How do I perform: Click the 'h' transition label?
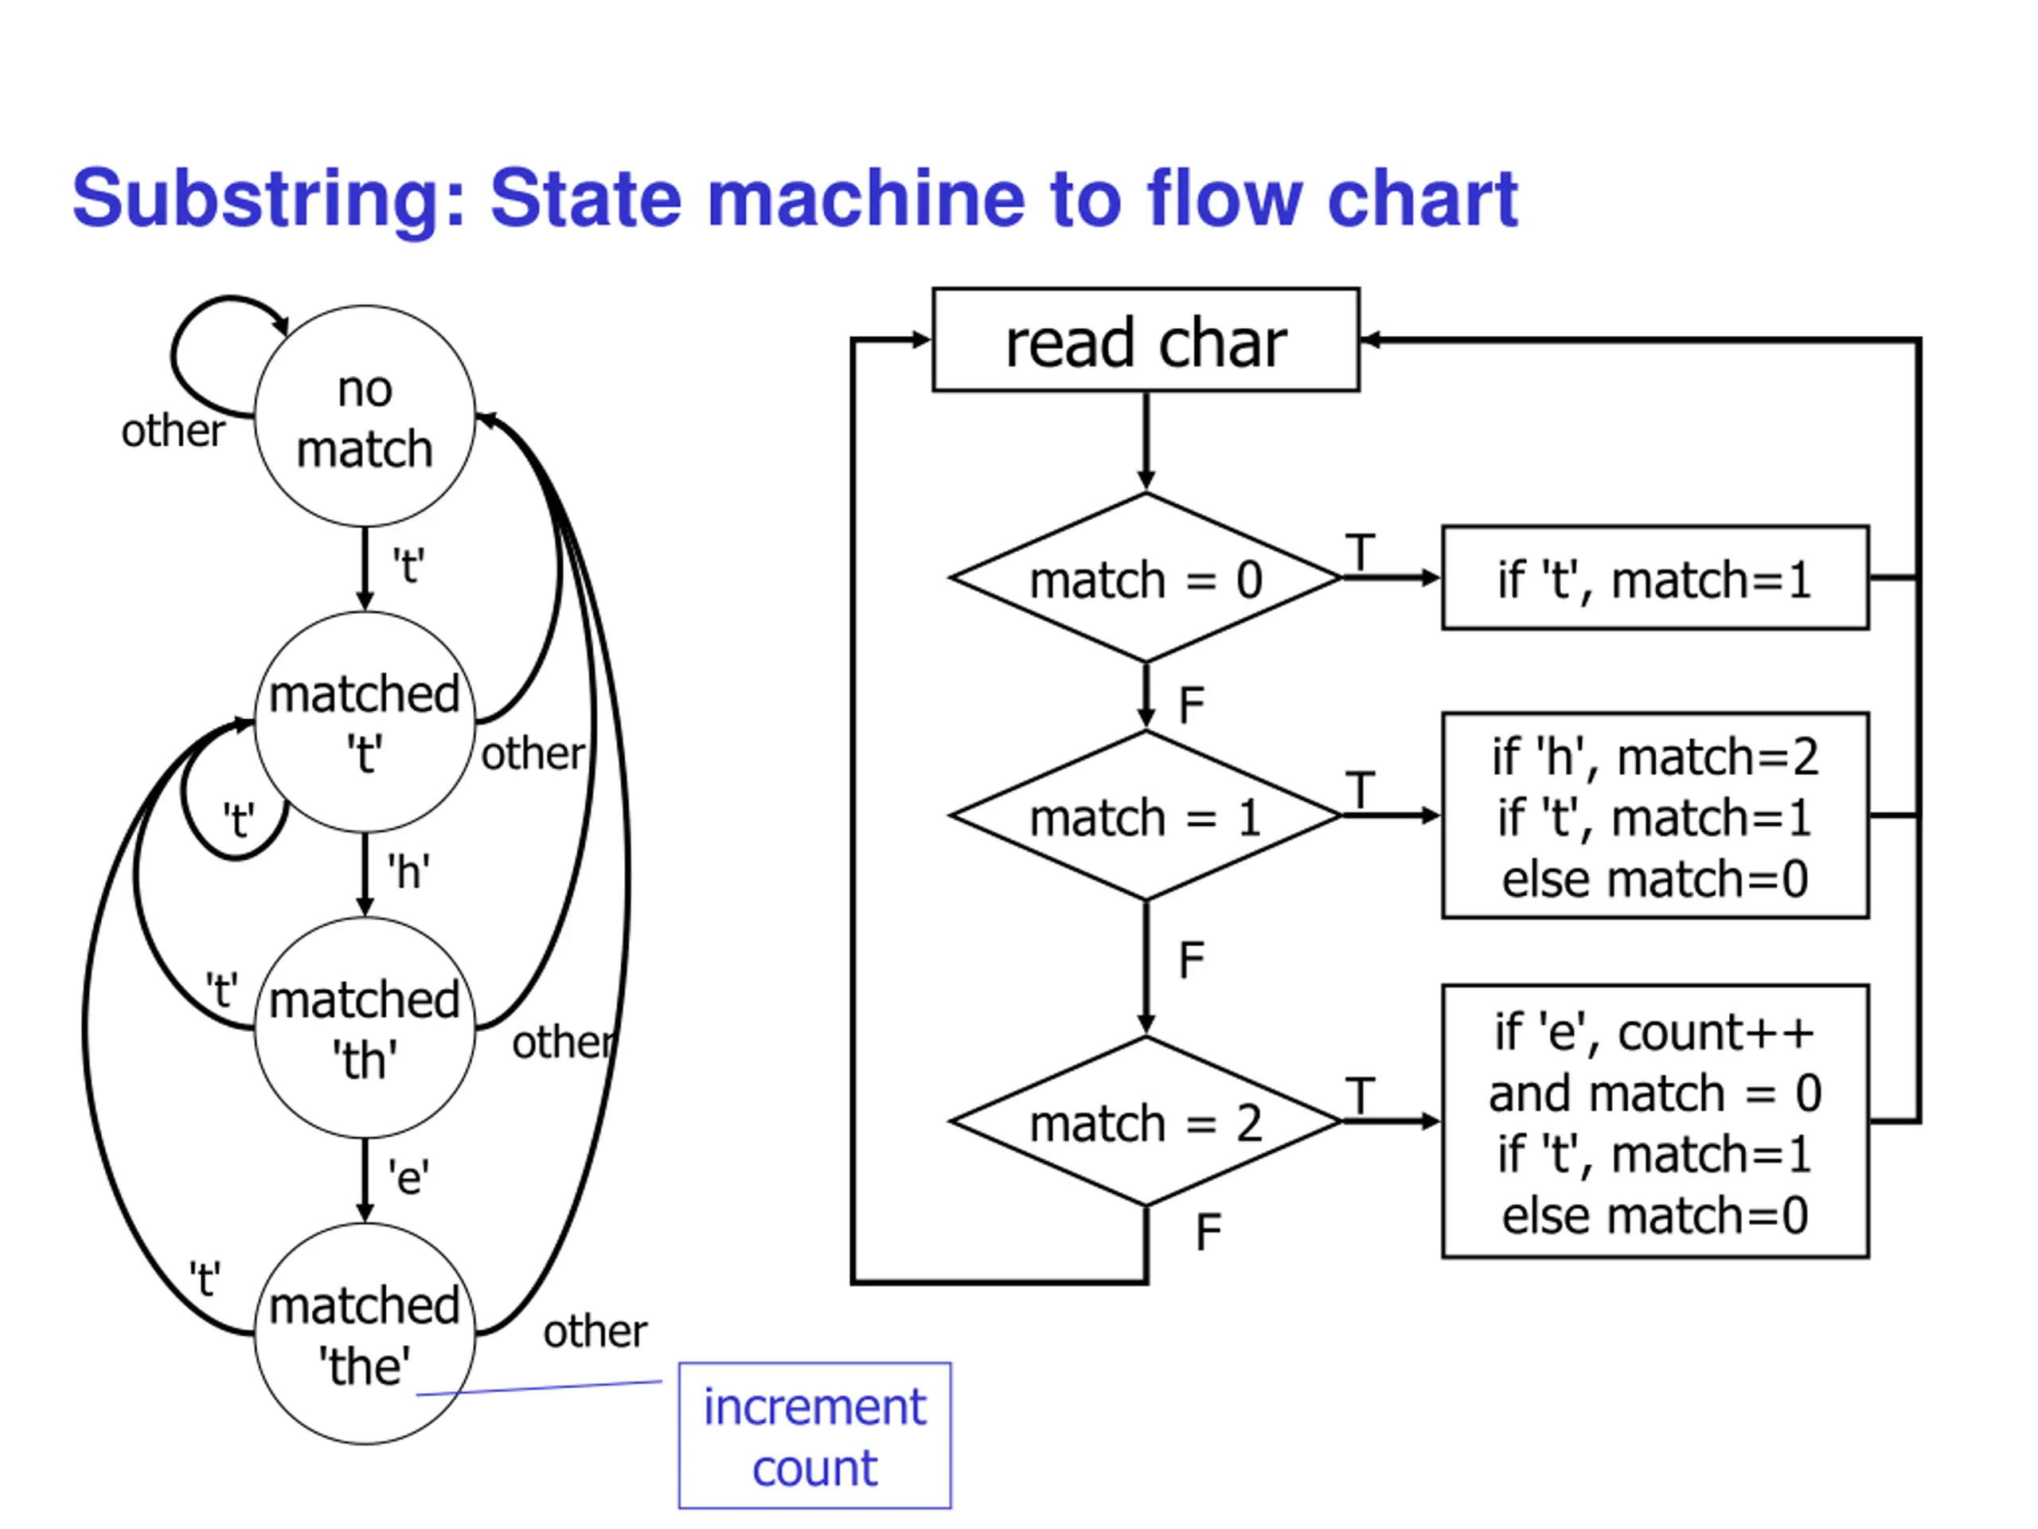coord(408,871)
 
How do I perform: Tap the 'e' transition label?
coord(408,1177)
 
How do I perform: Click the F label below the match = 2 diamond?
coord(1208,1232)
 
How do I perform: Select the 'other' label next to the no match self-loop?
coord(174,430)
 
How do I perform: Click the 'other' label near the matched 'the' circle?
coord(595,1331)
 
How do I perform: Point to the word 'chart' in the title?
coord(1422,197)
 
